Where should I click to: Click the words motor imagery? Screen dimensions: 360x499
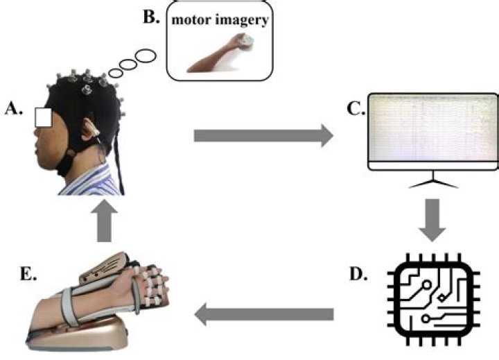coord(221,21)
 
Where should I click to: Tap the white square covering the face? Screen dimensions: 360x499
coord(45,119)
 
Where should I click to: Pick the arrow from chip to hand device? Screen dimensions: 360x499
coord(263,314)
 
